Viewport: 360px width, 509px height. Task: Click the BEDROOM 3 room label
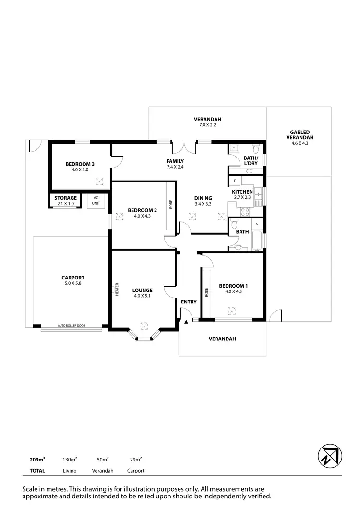coord(80,164)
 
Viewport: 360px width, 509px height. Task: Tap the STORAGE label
coord(65,198)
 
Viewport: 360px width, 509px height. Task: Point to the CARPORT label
coord(73,278)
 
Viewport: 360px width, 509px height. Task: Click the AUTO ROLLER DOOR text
coord(72,325)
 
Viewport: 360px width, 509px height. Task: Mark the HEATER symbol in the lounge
coord(116,289)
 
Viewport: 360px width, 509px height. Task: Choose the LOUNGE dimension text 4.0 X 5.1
coord(143,296)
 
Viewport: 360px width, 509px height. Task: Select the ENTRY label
coord(189,302)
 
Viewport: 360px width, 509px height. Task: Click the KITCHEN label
coord(242,192)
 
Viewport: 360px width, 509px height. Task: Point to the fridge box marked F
coord(235,181)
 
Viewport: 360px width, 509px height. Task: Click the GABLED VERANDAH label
coord(300,135)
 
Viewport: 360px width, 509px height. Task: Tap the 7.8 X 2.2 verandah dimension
coord(207,125)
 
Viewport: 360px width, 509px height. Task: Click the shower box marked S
coord(257,224)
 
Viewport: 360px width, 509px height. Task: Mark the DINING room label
coord(203,198)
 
